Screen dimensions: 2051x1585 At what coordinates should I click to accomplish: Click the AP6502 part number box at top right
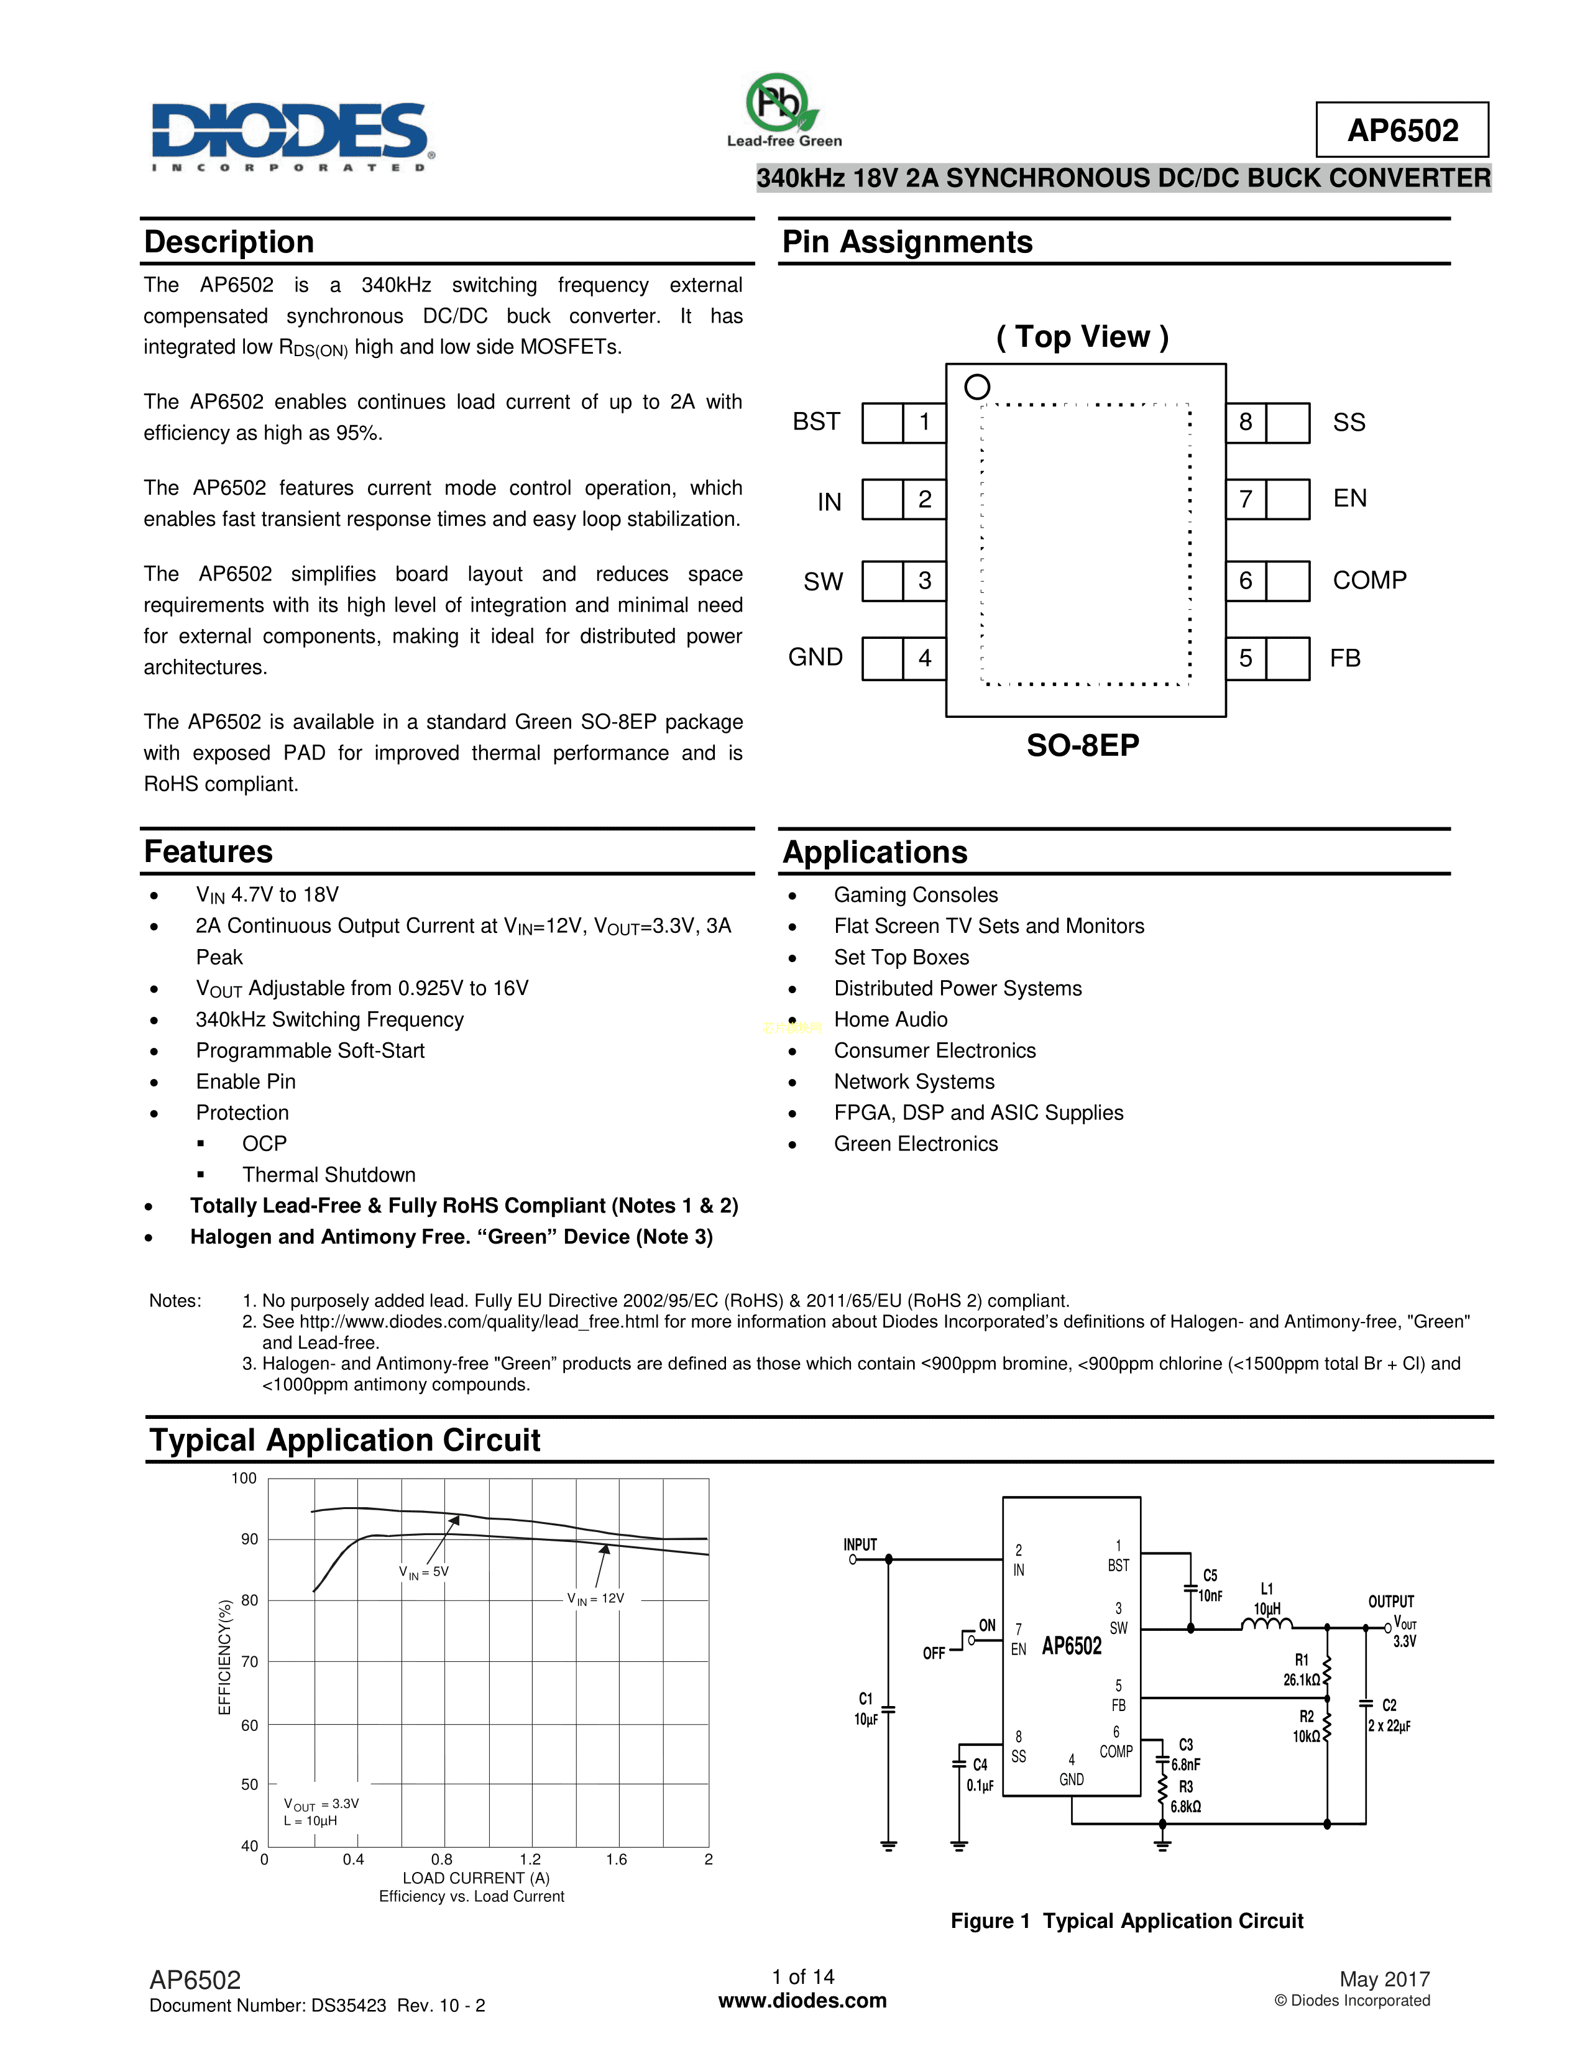(x=1401, y=130)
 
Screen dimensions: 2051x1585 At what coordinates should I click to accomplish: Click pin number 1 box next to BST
(x=924, y=423)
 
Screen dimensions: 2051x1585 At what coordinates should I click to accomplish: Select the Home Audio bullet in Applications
(x=890, y=1020)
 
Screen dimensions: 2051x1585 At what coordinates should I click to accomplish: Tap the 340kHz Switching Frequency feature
(x=329, y=1020)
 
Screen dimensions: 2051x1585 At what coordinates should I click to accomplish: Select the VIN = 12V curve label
(x=595, y=1599)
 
